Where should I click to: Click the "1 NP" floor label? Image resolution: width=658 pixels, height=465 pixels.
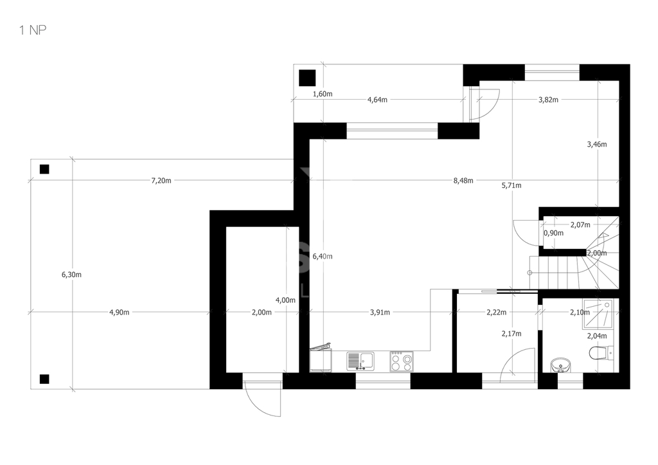point(33,30)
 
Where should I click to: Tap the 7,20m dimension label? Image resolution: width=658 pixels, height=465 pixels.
point(161,181)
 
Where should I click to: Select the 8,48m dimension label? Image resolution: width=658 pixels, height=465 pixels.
point(463,181)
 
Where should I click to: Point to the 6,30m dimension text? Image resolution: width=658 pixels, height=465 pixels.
point(71,275)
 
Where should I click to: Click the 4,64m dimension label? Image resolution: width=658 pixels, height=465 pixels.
point(377,100)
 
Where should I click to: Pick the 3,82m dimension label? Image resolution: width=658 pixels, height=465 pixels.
point(548,100)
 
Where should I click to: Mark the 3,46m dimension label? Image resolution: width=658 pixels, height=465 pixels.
point(597,144)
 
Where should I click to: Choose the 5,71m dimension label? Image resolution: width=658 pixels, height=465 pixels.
point(511,185)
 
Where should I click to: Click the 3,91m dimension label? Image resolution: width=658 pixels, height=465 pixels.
point(380,312)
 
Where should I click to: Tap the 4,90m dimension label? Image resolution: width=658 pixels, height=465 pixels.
point(119,312)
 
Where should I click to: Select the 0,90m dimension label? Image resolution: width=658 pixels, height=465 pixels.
point(553,233)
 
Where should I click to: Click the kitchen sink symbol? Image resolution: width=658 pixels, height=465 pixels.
point(361,361)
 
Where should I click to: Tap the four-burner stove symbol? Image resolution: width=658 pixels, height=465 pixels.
point(401,361)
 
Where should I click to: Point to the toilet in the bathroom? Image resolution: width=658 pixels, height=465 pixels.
point(601,353)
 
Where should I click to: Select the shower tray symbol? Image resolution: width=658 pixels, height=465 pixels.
point(597,314)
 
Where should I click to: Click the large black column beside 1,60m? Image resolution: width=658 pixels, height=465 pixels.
point(307,78)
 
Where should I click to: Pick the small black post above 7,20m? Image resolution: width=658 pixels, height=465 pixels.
point(44,169)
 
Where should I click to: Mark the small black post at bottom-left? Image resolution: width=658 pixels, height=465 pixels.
point(44,379)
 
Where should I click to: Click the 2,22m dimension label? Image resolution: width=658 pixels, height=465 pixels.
point(497,312)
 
